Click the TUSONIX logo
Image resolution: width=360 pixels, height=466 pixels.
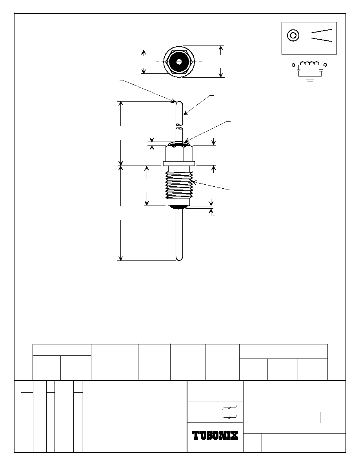215,435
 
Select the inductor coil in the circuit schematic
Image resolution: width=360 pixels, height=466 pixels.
309,64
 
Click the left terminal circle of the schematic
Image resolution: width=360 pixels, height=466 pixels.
293,65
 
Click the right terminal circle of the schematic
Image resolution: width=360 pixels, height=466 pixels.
325,65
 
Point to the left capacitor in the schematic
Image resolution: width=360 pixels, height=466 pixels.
298,71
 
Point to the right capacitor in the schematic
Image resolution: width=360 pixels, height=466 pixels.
321,71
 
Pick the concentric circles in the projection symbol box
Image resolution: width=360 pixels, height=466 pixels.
293,35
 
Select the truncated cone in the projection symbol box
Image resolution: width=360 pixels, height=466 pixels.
322,35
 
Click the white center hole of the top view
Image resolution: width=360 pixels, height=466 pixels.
179,62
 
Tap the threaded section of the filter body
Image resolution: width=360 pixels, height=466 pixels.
179,185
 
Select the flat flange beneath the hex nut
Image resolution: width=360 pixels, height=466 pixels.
179,164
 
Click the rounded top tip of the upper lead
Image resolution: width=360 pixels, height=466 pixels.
179,104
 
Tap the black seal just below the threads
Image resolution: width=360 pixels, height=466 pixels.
179,207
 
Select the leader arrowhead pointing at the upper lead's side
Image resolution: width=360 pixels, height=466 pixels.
185,113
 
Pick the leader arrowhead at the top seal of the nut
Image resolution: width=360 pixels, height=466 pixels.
186,140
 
